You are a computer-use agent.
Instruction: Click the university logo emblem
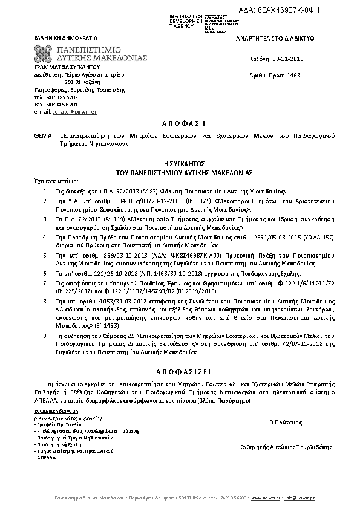pos(45,53)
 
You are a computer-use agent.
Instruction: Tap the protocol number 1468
pos(293,75)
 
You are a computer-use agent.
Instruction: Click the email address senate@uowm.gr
pos(66,112)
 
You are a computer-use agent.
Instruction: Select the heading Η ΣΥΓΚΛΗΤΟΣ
pos(180,163)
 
